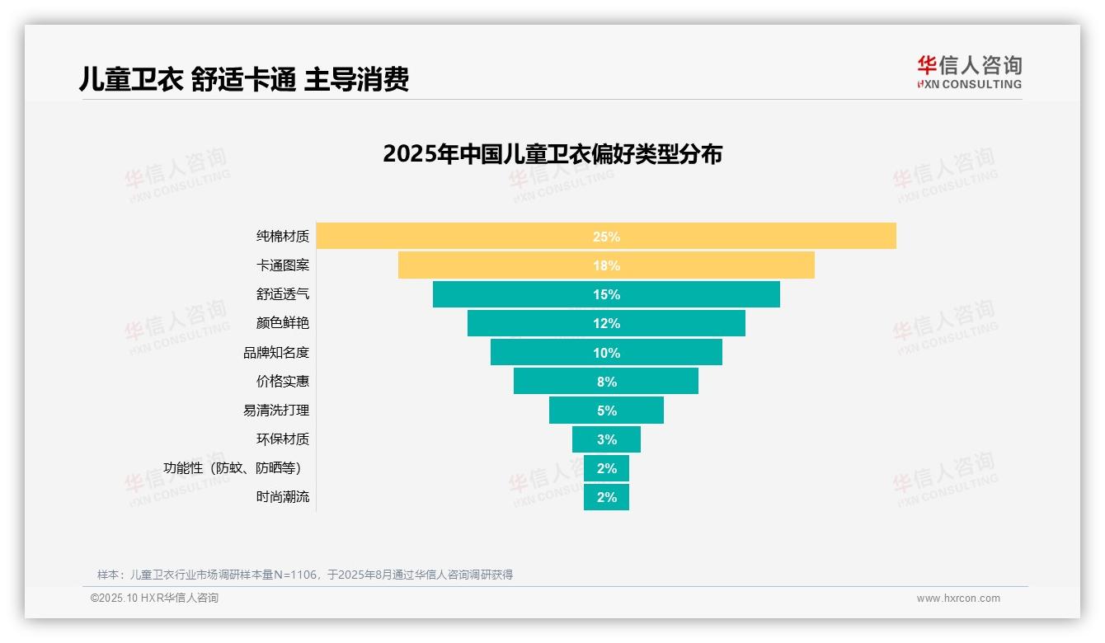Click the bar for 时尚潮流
[606, 497]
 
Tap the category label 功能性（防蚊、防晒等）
[236, 468]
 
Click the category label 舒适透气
[283, 294]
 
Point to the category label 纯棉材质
[283, 237]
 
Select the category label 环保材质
[283, 439]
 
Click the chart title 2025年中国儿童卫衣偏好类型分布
[552, 154]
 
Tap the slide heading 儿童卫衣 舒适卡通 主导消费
[244, 79]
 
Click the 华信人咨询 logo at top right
[969, 72]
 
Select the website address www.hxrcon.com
[958, 598]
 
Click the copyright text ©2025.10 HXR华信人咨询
[154, 598]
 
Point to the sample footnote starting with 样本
[305, 575]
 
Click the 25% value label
[606, 237]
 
